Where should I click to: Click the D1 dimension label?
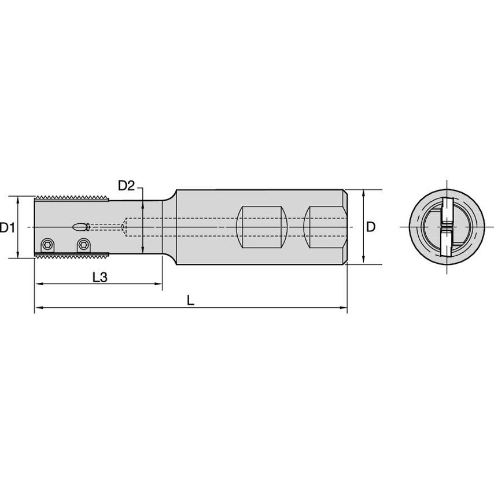coord(7,227)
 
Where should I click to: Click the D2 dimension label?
coord(126,186)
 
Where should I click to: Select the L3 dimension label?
coord(100,277)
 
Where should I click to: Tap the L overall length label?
coord(191,300)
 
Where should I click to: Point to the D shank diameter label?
coord(371,227)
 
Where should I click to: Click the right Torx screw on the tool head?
coord(84,245)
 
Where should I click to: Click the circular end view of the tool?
coord(446,227)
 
